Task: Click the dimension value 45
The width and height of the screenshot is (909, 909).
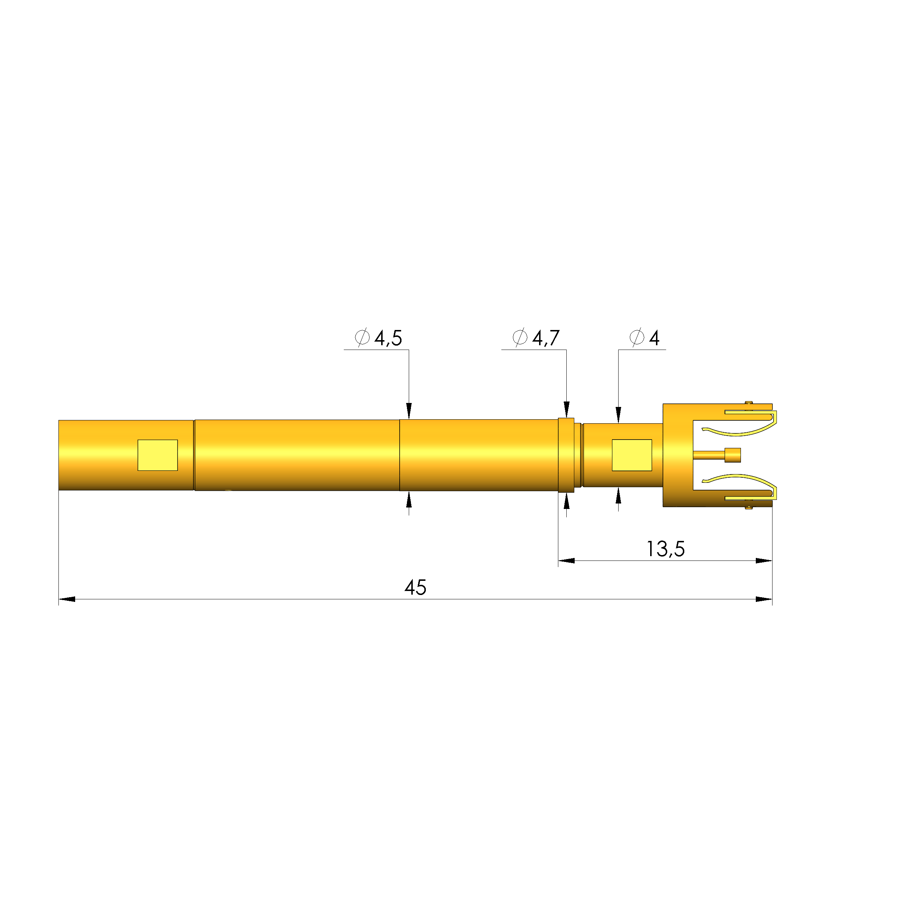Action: point(415,588)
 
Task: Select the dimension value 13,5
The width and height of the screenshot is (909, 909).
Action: point(665,549)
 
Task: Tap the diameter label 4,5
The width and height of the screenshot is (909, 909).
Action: point(388,338)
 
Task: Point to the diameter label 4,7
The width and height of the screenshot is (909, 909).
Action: point(546,338)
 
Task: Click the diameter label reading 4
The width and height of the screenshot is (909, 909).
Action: point(654,338)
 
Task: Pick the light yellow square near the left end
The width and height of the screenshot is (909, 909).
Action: point(157,455)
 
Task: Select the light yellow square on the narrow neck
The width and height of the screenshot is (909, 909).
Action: point(631,455)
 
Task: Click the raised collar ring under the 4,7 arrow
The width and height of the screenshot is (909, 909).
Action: point(566,455)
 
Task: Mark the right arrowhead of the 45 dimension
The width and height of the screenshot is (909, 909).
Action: point(764,599)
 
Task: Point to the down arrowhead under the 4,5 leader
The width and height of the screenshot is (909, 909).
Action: point(409,411)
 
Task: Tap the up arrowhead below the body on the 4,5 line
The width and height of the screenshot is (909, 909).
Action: point(409,499)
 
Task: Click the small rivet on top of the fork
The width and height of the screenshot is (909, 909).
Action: point(749,402)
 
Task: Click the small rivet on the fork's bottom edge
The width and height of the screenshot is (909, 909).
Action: point(749,508)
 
